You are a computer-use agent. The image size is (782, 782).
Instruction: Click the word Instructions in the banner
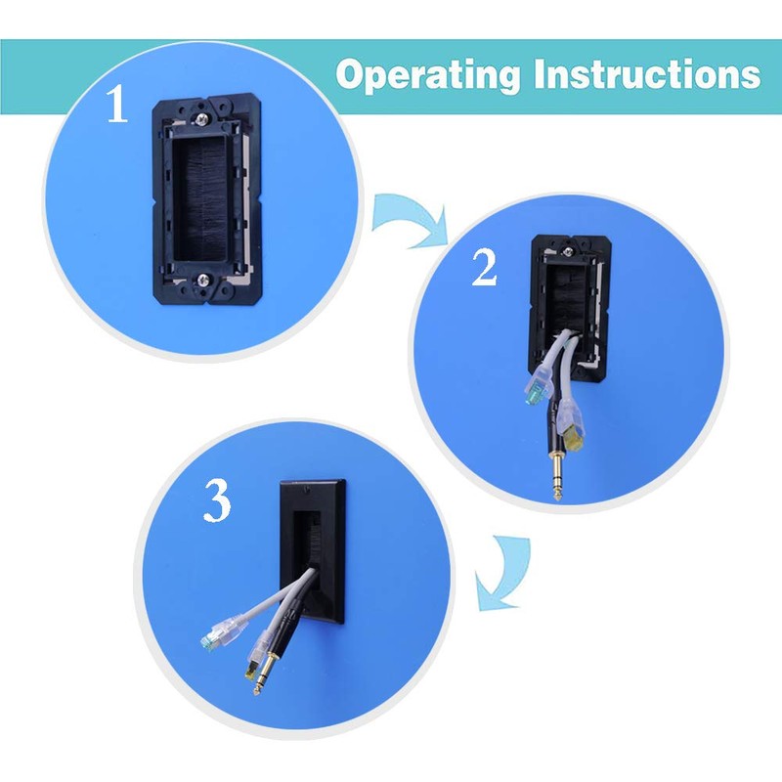click(649, 74)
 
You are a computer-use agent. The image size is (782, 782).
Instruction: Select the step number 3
click(216, 502)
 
